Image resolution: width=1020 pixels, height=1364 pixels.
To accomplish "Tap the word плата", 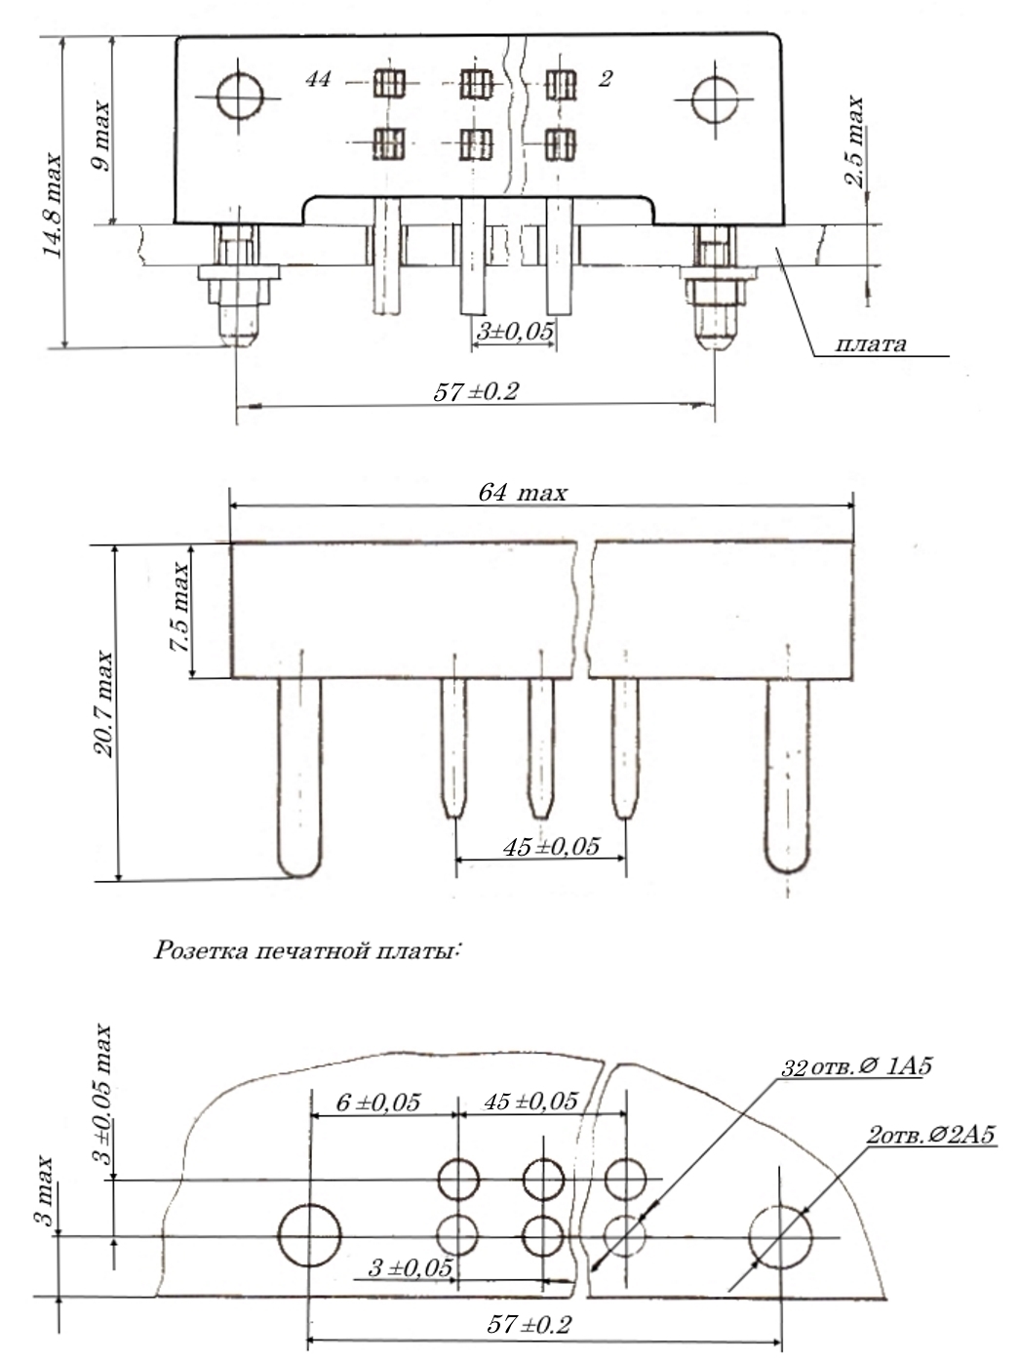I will [871, 344].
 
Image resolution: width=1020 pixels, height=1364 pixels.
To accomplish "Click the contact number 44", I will [318, 79].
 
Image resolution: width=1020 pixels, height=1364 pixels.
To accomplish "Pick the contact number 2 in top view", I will [606, 79].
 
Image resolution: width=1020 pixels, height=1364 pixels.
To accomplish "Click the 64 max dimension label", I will [522, 493].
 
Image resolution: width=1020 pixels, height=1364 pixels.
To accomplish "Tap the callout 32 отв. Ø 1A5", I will [857, 1066].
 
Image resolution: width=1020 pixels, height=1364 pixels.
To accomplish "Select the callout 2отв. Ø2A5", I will [933, 1137].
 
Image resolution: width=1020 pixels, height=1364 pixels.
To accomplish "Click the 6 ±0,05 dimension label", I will [378, 1103].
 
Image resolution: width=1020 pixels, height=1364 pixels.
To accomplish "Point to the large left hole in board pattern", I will [309, 1235].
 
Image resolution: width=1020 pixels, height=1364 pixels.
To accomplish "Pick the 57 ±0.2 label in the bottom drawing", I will [530, 1325].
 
